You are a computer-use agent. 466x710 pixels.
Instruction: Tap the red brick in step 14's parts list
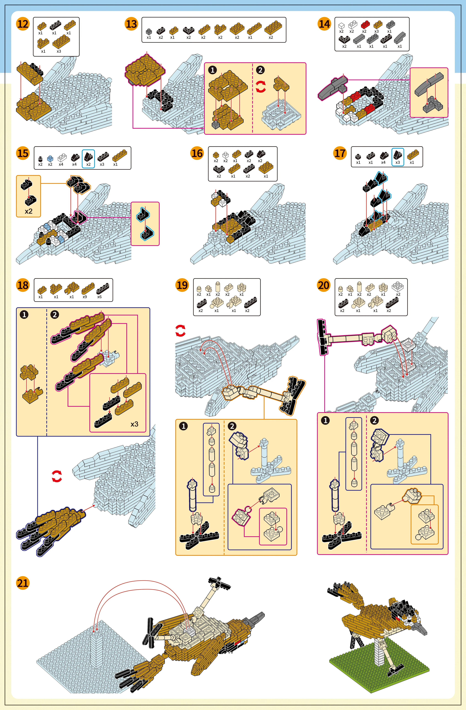pos(365,24)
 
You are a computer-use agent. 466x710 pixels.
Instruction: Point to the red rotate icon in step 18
pos(57,476)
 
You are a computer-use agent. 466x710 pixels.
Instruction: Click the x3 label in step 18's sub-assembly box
pos(134,424)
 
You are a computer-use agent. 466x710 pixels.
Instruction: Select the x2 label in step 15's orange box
pos(29,211)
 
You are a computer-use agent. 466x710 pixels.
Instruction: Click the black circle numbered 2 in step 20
pos(374,420)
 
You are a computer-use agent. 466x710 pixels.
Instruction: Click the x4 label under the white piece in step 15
pos(61,164)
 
